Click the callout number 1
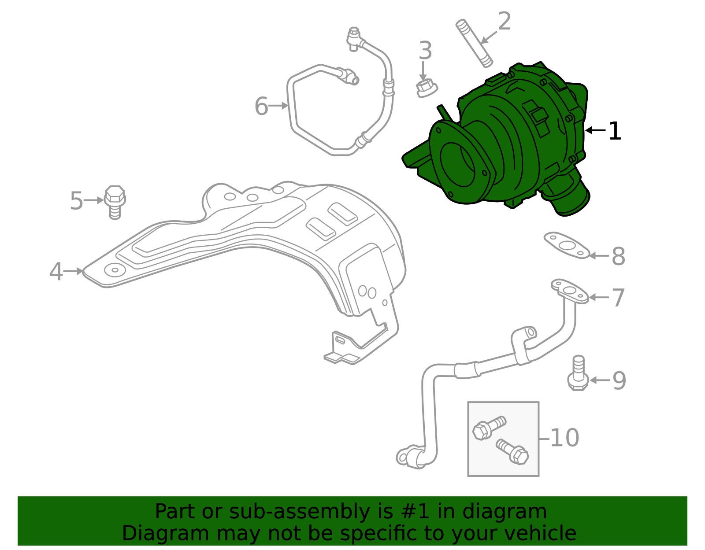coord(615,131)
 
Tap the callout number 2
coord(505,22)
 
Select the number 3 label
coord(425,51)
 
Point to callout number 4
coord(56,272)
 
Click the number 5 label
coord(76,201)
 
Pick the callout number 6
coord(261,106)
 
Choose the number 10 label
coord(564,438)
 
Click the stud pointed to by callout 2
coord(474,44)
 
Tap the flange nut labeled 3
coord(425,88)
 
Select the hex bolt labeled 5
coord(115,202)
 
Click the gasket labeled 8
coord(566,245)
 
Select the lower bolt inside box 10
coord(513,451)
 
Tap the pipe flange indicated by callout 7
coord(570,291)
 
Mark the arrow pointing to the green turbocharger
coord(595,130)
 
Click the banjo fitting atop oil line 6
coord(354,38)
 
